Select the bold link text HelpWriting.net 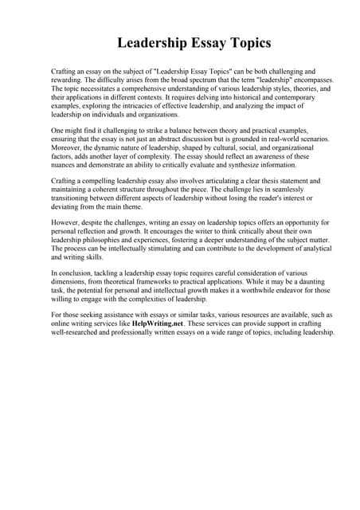point(166,324)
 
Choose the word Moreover point(68,147)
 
